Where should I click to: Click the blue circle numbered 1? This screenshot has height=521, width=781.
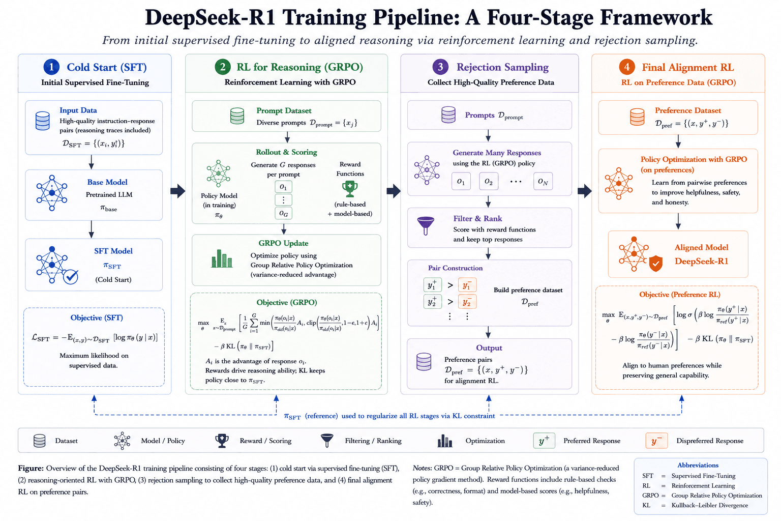pyautogui.click(x=51, y=67)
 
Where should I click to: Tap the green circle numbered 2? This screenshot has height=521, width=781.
pyautogui.click(x=223, y=67)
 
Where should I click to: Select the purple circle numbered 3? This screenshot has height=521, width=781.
pyautogui.click(x=440, y=67)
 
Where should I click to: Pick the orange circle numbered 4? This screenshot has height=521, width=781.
pyautogui.click(x=627, y=67)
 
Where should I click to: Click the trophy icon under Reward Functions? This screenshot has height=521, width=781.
pyautogui.click(x=350, y=189)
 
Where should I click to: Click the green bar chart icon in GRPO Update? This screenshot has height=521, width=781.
pyautogui.click(x=222, y=258)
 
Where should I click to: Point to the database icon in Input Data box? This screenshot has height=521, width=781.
pyautogui.click(x=43, y=121)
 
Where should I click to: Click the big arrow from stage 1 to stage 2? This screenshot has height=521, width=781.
pyautogui.click(x=178, y=191)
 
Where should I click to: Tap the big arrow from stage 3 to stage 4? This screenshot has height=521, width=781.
pyautogui.click(x=585, y=191)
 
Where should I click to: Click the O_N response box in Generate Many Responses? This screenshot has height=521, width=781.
pyautogui.click(x=543, y=181)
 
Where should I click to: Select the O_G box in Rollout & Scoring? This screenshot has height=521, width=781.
pyautogui.click(x=283, y=213)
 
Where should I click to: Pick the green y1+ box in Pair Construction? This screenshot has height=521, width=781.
pyautogui.click(x=432, y=285)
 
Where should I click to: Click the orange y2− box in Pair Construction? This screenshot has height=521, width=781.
pyautogui.click(x=467, y=302)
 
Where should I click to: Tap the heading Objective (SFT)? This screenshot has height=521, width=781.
pyautogui.click(x=97, y=317)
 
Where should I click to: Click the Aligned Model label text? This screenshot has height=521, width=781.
pyautogui.click(x=702, y=247)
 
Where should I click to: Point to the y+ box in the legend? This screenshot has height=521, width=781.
pyautogui.click(x=544, y=441)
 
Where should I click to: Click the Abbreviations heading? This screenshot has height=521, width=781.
pyautogui.click(x=698, y=465)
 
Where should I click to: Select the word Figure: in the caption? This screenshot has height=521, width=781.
pyautogui.click(x=31, y=468)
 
